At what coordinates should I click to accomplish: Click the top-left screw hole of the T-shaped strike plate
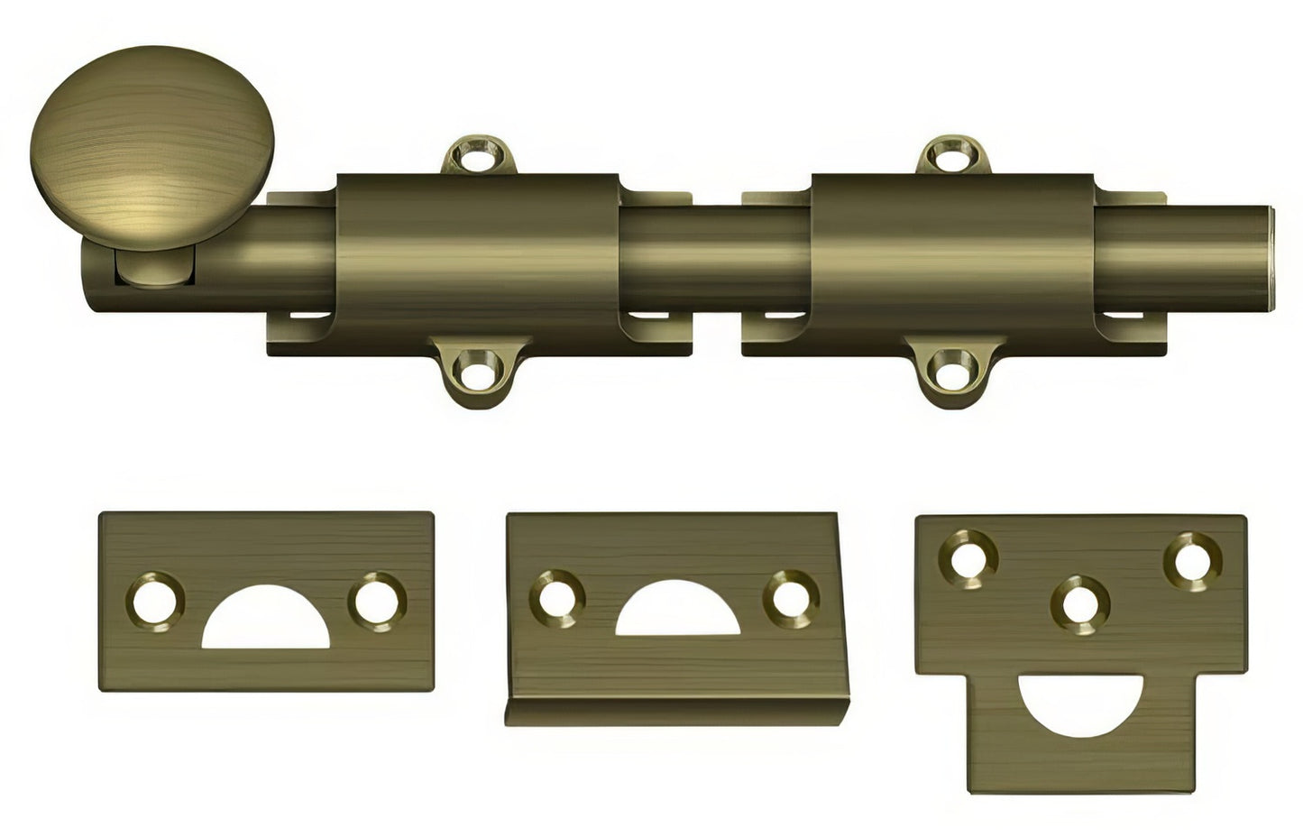[968, 560]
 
